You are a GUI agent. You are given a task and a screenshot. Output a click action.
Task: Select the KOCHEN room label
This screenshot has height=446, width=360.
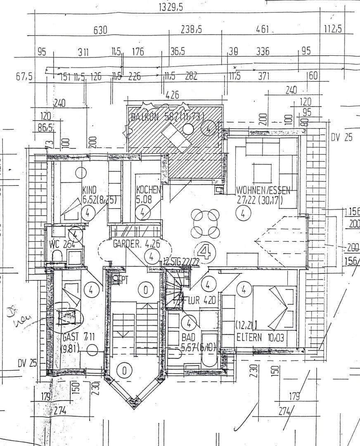click(148, 190)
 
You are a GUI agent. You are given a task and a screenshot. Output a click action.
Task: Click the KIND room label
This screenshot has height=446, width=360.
click(89, 190)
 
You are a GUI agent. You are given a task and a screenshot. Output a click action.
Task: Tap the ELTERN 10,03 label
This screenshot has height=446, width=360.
click(261, 337)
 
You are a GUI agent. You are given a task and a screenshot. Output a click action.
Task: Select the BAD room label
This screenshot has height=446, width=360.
click(188, 337)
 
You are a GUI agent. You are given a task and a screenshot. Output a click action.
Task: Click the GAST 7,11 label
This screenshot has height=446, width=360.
click(79, 337)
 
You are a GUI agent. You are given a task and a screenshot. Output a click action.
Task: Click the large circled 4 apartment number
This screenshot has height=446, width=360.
click(204, 251)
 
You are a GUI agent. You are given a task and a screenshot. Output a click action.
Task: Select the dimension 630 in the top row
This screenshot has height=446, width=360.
click(100, 30)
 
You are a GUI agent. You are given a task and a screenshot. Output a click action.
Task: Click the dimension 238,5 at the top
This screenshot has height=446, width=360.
click(191, 30)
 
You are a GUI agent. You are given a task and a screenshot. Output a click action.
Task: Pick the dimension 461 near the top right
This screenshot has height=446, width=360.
click(263, 30)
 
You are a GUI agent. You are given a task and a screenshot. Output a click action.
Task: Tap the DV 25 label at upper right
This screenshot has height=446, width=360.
click(341, 138)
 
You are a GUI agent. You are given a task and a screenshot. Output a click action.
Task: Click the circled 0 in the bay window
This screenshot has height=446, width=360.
click(124, 370)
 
